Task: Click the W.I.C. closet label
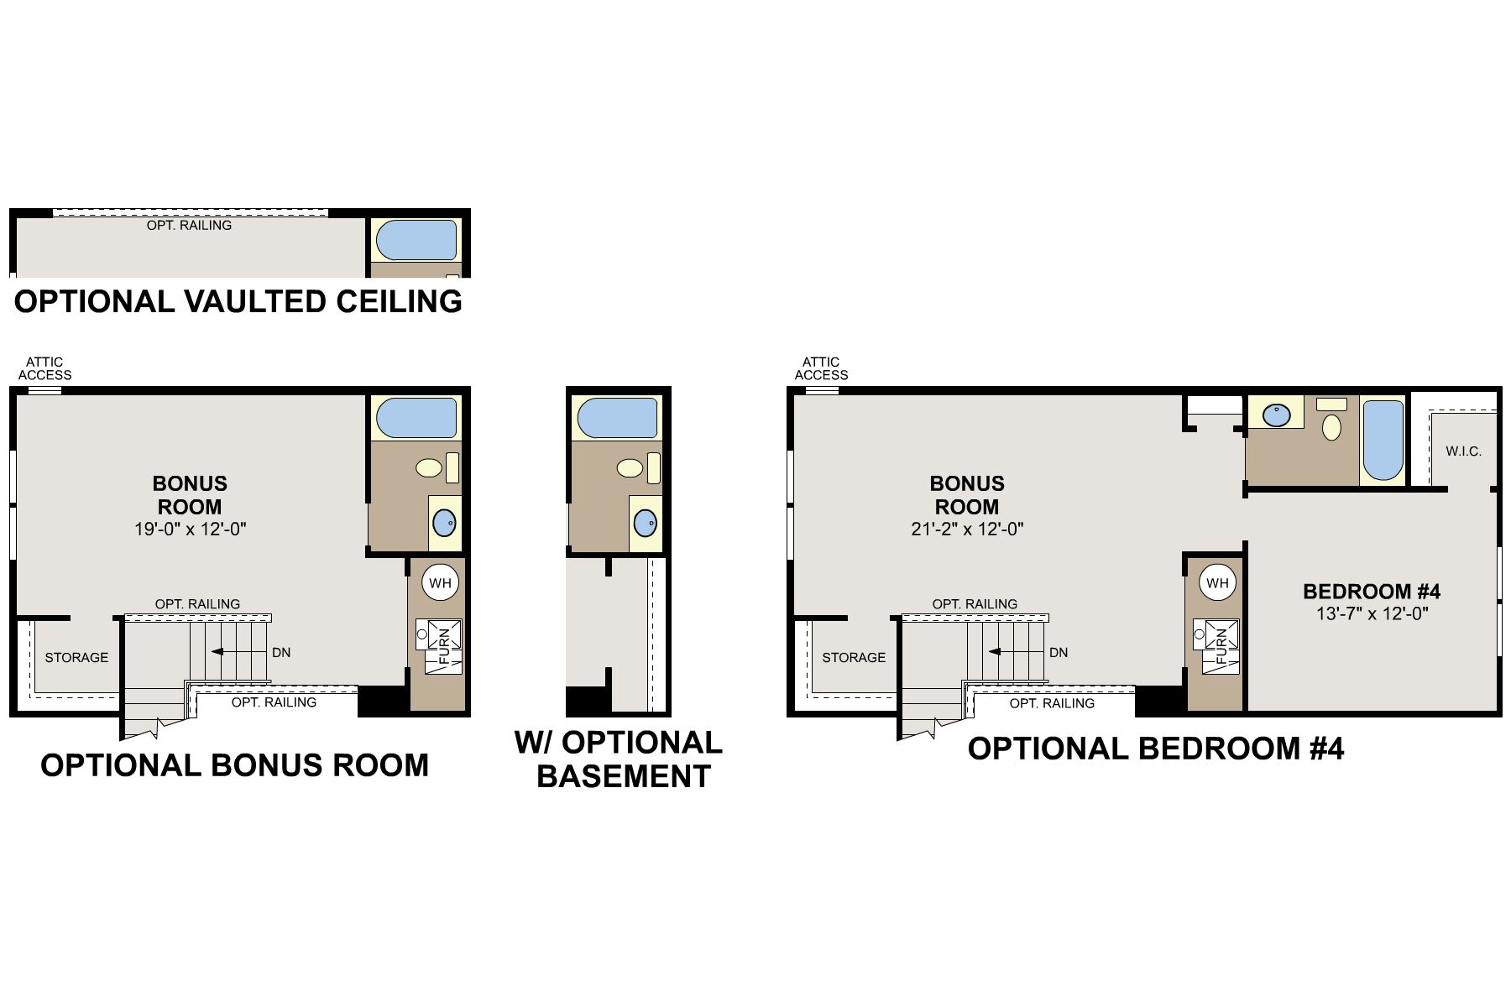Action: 1463,451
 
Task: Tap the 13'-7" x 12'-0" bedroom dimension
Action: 1372,613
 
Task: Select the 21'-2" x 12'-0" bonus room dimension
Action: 967,529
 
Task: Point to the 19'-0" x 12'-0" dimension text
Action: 191,529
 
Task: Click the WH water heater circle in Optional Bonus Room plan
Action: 440,582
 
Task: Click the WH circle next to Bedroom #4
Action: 1217,582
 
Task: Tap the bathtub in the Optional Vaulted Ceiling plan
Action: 416,240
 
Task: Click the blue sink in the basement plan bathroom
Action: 645,523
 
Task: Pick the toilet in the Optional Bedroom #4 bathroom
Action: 1331,426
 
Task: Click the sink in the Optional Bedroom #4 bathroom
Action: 1277,415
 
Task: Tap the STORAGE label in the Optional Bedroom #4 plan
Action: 854,657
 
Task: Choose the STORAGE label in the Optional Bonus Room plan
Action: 76,657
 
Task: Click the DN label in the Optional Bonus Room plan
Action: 281,652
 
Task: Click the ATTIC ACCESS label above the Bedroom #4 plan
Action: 821,368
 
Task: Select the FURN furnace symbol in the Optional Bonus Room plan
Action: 440,645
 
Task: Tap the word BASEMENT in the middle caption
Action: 623,776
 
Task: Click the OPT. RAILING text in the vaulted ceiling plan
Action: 189,225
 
